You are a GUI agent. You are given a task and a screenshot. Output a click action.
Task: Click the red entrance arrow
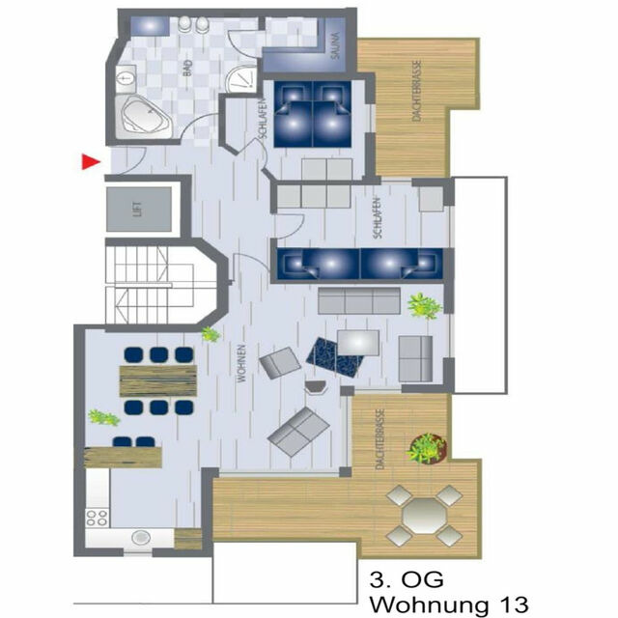pos(90,162)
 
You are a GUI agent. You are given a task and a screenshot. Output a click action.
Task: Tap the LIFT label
pos(138,210)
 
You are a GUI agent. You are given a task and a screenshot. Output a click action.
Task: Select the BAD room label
pos(187,67)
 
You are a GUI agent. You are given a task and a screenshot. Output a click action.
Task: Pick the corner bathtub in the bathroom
pos(144,117)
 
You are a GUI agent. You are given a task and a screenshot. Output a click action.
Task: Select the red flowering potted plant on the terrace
pos(426,447)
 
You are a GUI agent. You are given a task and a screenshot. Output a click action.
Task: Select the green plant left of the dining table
pos(102,418)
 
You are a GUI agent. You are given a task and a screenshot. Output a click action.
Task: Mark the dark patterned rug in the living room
pos(337,356)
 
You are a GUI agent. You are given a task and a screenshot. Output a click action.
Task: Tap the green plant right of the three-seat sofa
pos(423,305)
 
